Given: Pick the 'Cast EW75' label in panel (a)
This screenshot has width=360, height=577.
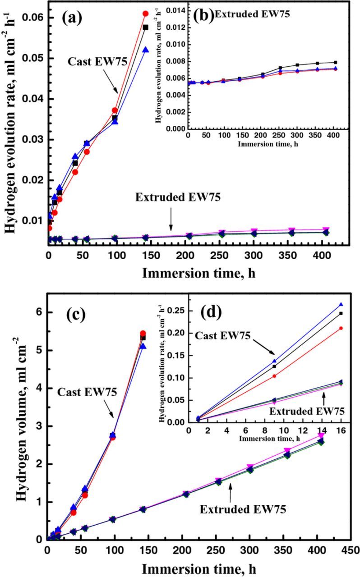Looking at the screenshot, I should click(89, 61).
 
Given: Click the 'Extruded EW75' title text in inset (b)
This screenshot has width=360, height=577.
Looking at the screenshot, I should click(252, 14).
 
